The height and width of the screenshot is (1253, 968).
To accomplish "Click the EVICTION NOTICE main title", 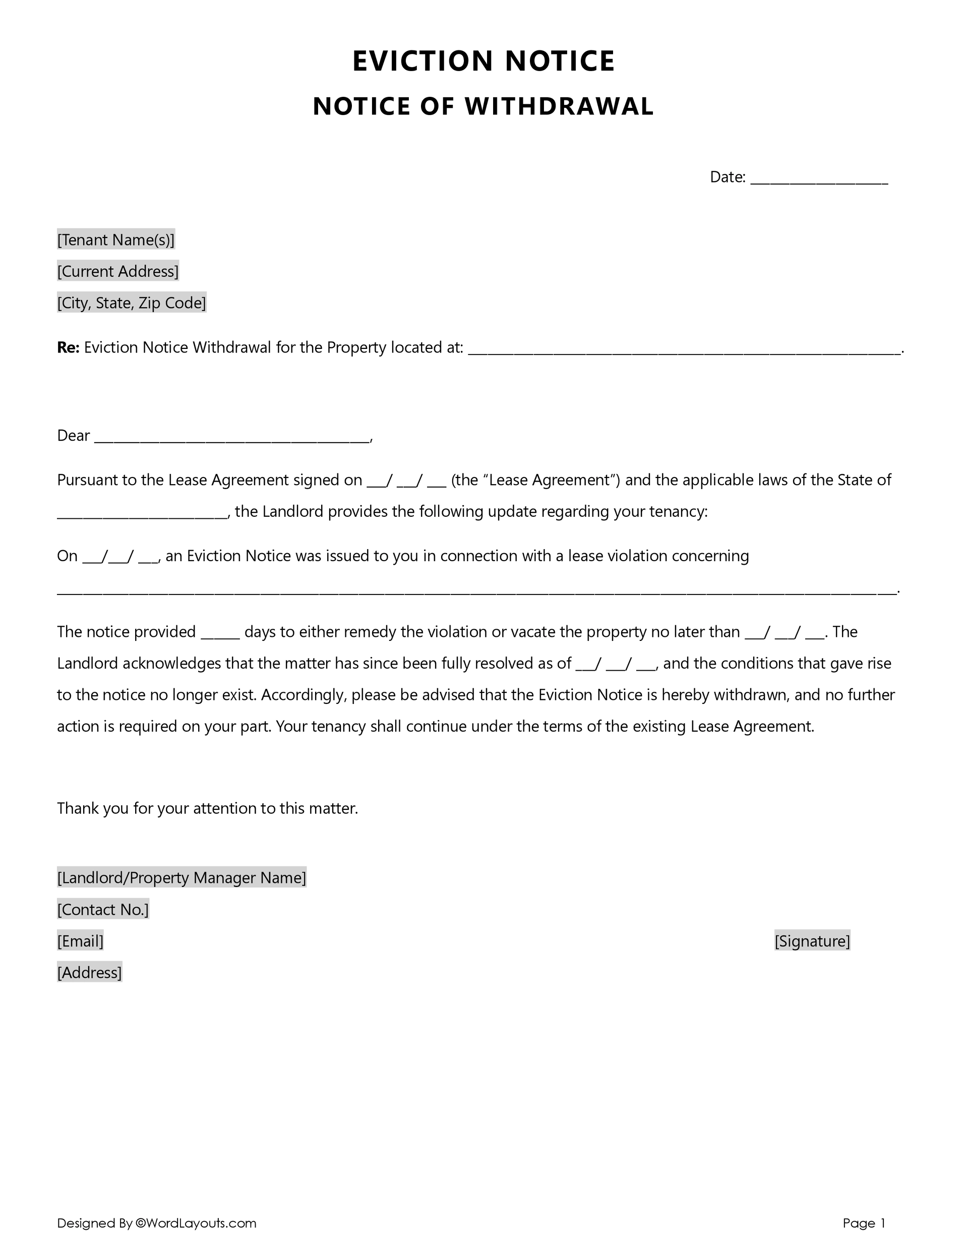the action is point(483,61).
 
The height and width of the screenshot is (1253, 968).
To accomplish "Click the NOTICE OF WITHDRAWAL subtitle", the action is point(483,106).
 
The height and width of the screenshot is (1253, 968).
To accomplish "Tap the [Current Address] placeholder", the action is point(117,271).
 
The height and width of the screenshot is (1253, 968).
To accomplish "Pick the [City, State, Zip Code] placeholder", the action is point(132,303).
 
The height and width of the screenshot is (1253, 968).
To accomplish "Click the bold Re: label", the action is point(68,348).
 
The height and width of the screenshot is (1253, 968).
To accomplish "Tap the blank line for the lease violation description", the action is point(476,590).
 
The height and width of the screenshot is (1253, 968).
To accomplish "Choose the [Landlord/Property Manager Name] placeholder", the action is point(181,877).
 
